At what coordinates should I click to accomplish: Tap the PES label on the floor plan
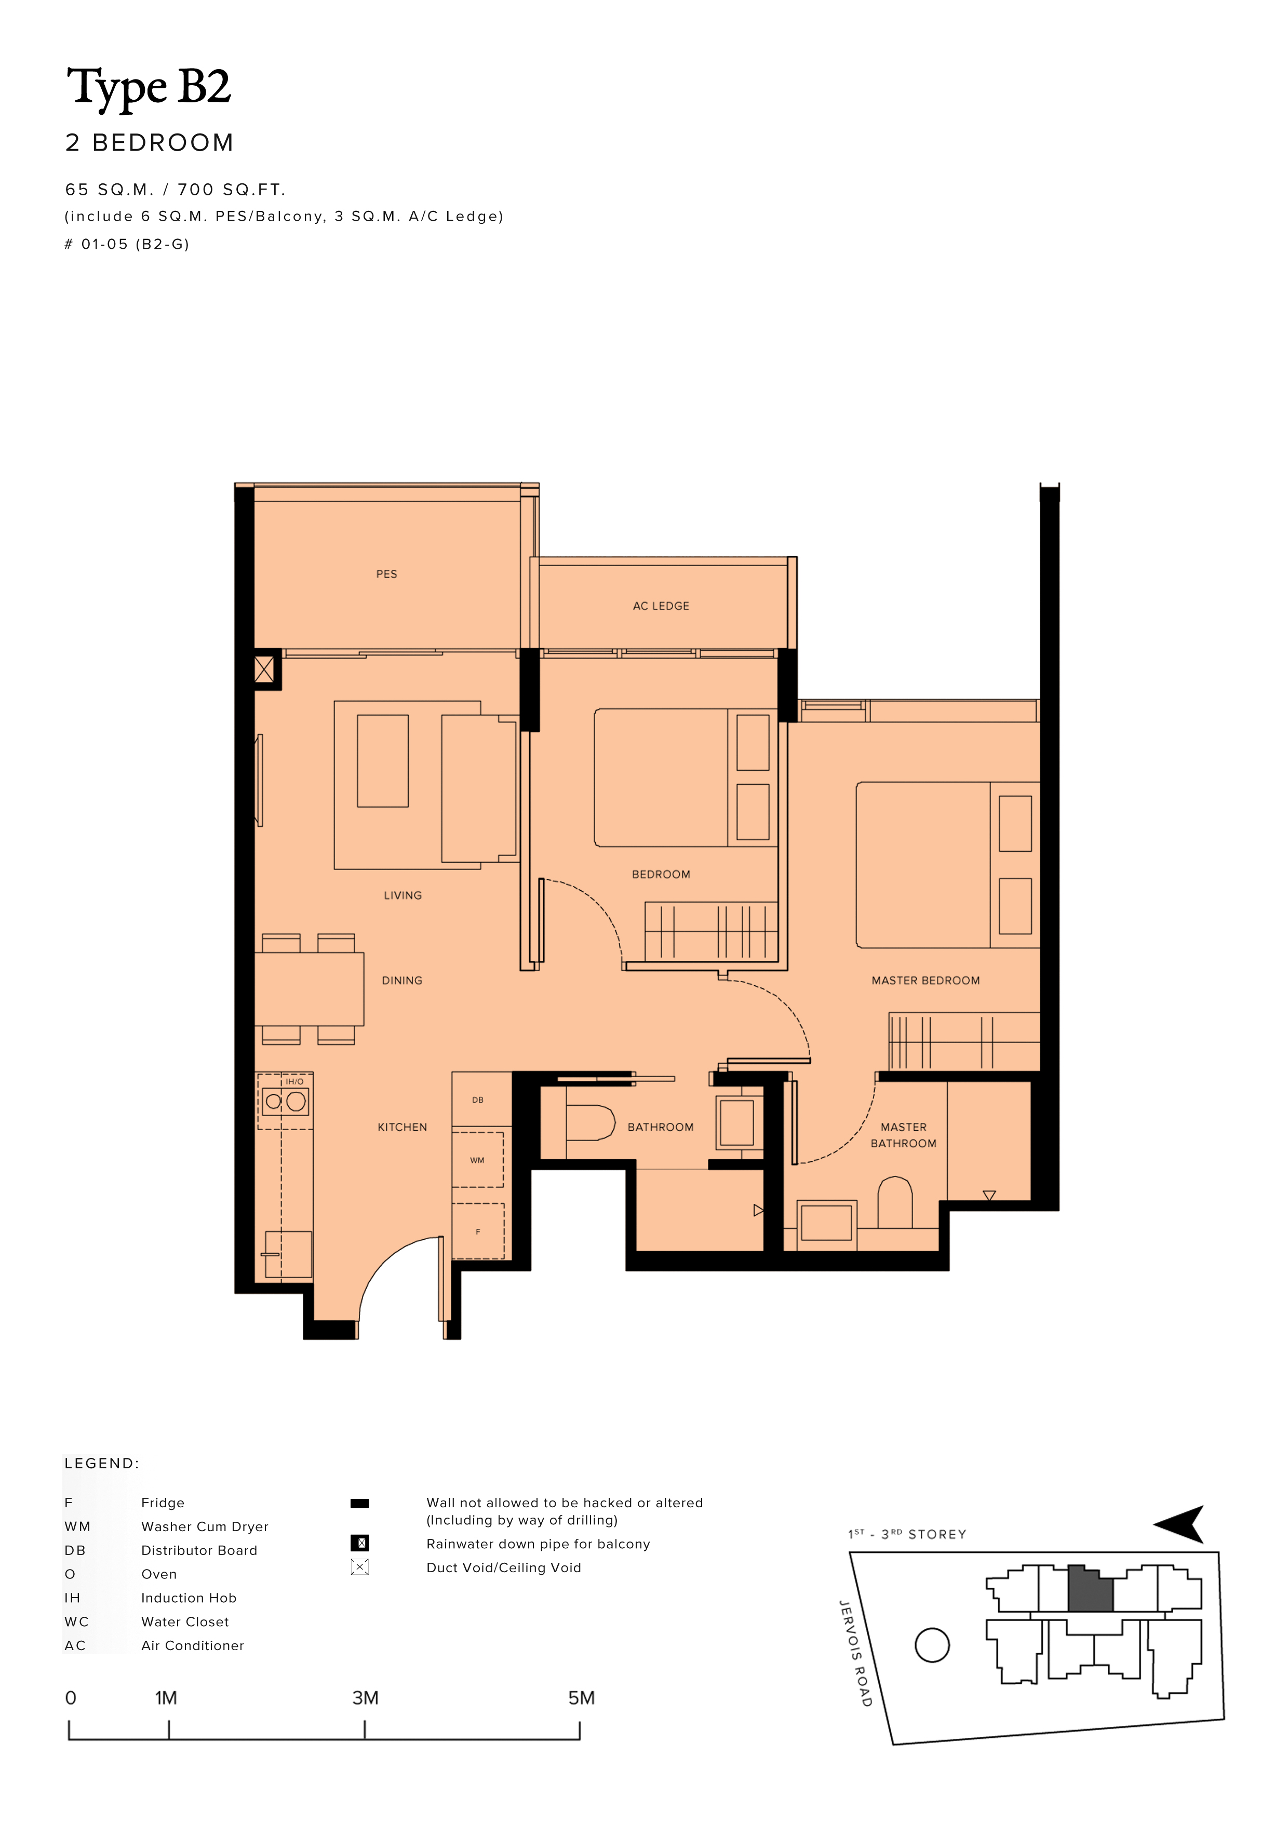386,574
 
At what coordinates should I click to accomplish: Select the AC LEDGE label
661,606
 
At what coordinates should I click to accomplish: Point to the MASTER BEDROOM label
925,980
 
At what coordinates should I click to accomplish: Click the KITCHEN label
403,1127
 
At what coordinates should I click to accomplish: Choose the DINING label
403,980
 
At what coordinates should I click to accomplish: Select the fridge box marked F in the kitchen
478,1231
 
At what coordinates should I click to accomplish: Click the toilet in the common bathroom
591,1123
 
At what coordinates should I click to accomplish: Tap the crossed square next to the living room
264,670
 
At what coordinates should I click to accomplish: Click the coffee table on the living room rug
383,761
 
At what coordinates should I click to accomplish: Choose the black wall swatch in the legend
359,1503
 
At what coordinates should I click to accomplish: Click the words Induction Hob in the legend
189,1598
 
